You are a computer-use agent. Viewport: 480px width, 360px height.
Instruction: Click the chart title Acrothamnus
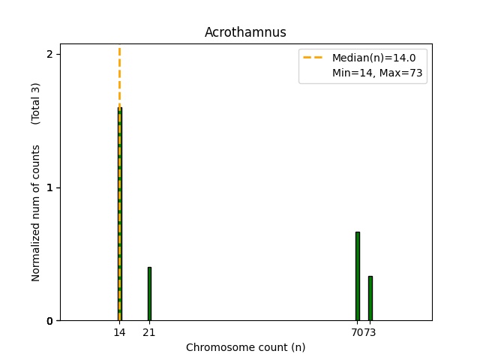[245, 33]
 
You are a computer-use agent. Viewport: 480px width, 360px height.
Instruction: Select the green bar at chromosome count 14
[119, 217]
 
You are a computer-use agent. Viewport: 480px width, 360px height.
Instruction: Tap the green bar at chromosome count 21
[149, 294]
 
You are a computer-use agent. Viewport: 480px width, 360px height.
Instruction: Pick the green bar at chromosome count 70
[357, 276]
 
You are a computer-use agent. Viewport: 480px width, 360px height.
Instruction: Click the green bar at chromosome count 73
[370, 298]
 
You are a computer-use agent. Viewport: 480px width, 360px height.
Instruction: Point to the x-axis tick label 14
[119, 332]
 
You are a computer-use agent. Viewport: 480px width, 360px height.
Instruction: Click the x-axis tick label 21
[149, 332]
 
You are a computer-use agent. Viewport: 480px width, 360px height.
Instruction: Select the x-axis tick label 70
[355, 332]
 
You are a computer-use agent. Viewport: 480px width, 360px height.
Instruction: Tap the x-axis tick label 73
[371, 332]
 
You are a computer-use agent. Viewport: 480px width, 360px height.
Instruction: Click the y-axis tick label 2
[49, 55]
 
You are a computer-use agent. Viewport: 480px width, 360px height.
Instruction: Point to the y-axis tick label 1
[49, 187]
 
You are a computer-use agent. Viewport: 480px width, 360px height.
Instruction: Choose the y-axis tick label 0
[49, 321]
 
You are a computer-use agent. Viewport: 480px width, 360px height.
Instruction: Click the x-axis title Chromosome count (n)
[245, 347]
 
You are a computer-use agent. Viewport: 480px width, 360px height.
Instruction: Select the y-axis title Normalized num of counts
[36, 213]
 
